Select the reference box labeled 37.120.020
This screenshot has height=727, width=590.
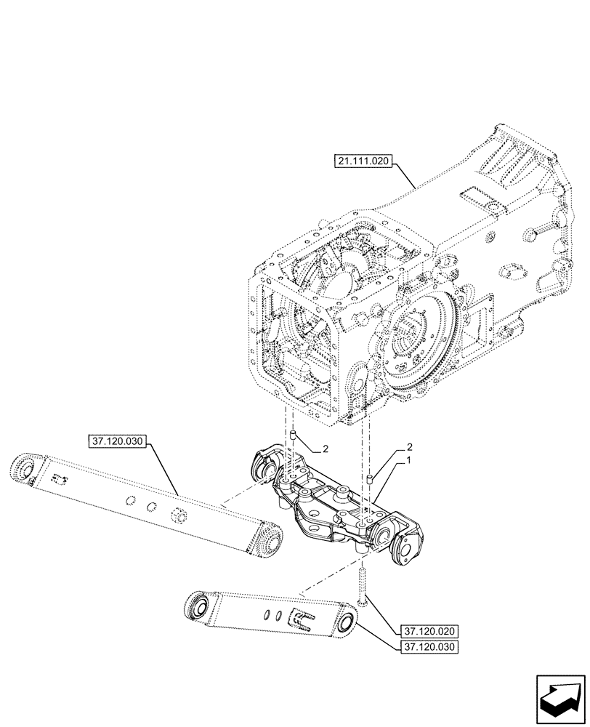click(x=429, y=630)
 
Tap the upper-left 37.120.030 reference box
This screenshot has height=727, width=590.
click(x=118, y=441)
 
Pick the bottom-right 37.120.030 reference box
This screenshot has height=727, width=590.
click(x=429, y=646)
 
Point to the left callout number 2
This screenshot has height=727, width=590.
click(x=326, y=449)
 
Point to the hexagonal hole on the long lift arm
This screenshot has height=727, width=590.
click(x=175, y=516)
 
